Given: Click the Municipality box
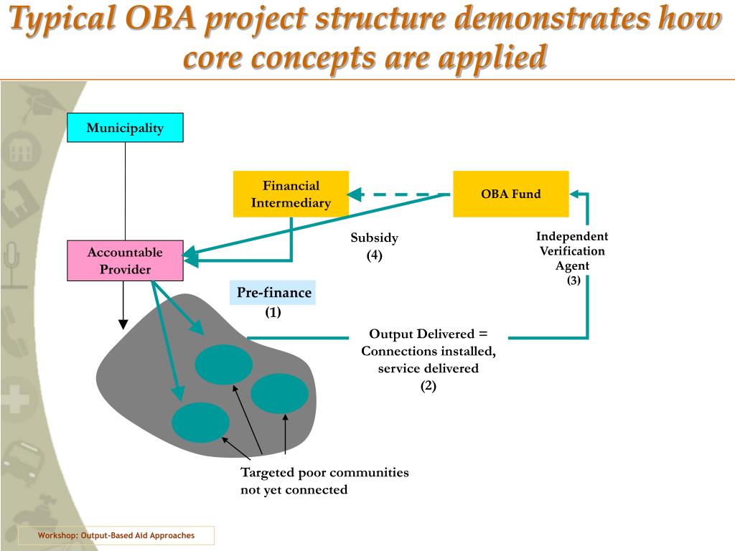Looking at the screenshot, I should coord(126,128).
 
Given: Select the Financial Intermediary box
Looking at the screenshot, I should coord(291,194).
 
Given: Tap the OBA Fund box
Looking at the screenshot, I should coord(510,194).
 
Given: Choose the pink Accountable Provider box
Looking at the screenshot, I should coord(125,260).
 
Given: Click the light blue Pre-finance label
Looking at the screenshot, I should coord(273,293).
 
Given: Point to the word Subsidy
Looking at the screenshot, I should coord(374,237).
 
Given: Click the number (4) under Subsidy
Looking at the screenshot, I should coord(374,255).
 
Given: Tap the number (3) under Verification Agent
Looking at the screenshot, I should coord(573,281).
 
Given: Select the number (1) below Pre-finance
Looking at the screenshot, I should coord(273,312).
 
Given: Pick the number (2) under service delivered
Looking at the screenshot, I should coord(429,385).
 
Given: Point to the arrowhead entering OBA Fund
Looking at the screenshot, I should coord(576,194).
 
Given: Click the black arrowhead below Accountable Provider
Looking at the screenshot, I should coord(123,322).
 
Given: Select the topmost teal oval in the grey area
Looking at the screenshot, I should coord(223,364).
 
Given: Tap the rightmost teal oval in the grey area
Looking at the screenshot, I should coord(279,394).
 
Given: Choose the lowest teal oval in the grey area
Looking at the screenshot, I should coord(200,423).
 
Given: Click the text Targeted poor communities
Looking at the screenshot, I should coord(324,472).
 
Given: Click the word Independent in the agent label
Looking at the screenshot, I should coord(572,236).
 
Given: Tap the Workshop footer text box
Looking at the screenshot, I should coord(116,536).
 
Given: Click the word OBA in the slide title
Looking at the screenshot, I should coord(162,21).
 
